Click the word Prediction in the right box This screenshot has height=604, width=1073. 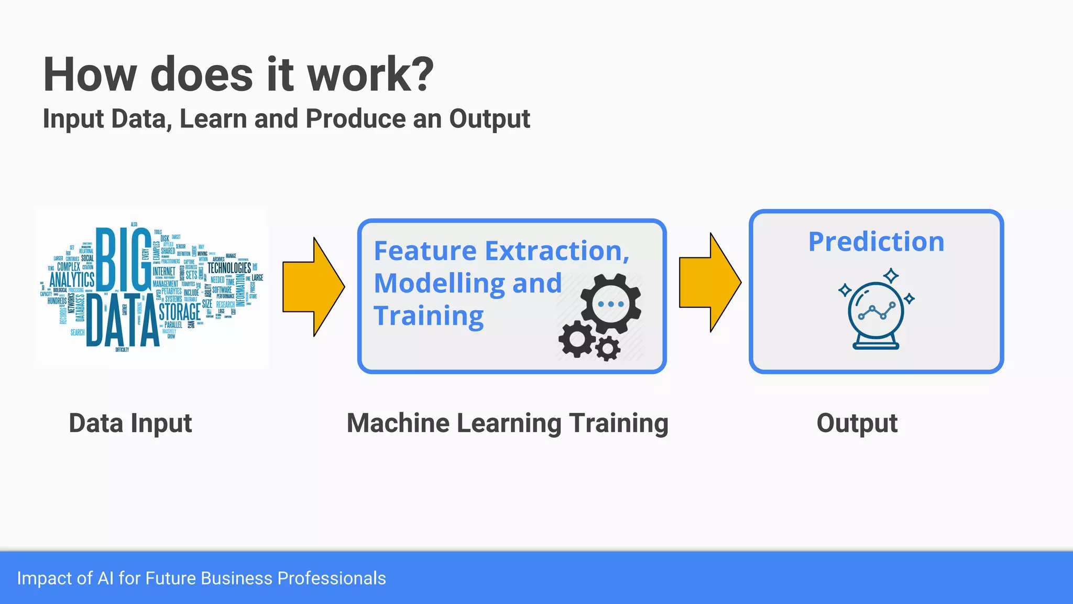click(x=876, y=242)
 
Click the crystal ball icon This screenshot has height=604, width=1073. click(x=876, y=312)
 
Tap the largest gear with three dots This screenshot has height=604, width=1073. click(x=610, y=304)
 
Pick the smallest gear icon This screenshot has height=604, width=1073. click(x=608, y=348)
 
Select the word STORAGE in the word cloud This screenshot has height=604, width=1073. click(x=180, y=312)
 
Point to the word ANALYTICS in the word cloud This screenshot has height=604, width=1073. click(x=72, y=279)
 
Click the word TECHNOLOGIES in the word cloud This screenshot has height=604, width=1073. click(x=229, y=268)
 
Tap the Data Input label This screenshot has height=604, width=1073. click(x=130, y=423)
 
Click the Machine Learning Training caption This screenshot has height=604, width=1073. click(x=507, y=423)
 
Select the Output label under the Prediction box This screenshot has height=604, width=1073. click(x=857, y=423)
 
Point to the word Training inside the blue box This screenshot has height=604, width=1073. click(x=429, y=316)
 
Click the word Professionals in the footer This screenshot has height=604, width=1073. click(x=331, y=578)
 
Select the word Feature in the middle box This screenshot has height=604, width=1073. click(x=425, y=251)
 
